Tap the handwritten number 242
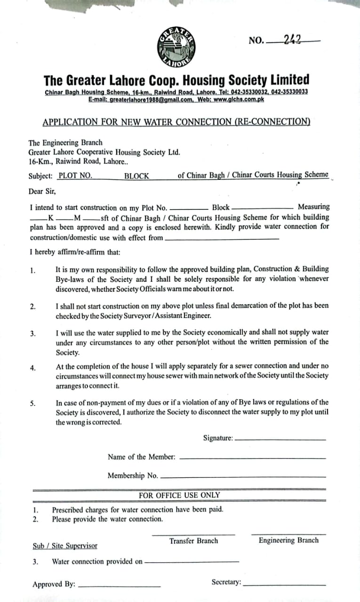point(293,40)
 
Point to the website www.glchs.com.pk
point(238,100)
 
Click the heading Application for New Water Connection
point(176,122)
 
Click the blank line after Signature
point(280,439)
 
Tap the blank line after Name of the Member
point(252,458)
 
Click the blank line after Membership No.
point(243,477)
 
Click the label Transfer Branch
point(193,541)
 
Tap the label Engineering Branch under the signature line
point(288,540)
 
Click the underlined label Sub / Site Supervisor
point(65,546)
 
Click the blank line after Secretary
point(284,584)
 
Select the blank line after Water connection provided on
point(192,562)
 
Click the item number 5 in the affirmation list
point(33,403)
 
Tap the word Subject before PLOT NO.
point(40,176)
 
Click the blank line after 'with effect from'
point(222,239)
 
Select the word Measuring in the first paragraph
point(313,207)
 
